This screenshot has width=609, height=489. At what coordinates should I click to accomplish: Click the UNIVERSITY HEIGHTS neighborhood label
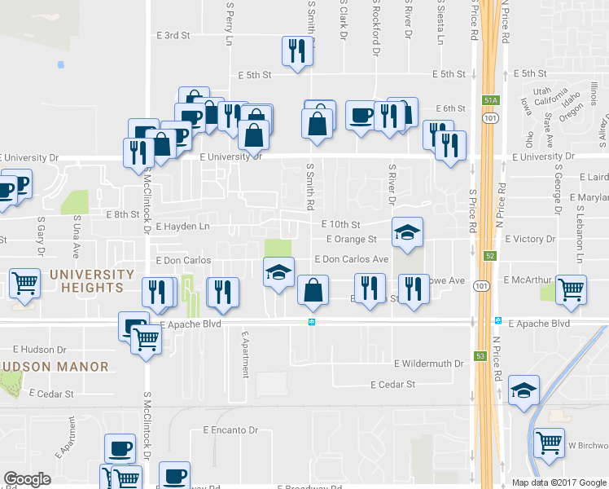click(91, 280)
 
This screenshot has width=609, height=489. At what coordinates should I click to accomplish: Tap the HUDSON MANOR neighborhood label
click(54, 367)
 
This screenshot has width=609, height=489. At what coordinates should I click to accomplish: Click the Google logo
click(28, 479)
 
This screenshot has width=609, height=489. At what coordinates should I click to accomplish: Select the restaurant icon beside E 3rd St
click(296, 51)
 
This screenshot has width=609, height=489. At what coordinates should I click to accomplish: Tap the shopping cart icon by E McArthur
click(572, 289)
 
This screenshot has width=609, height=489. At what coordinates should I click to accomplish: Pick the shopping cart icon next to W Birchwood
click(550, 443)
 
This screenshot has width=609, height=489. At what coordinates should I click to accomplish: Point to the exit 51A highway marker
click(489, 99)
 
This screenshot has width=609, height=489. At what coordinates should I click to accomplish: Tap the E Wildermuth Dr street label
click(428, 363)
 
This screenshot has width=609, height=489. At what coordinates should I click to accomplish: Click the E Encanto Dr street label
click(230, 430)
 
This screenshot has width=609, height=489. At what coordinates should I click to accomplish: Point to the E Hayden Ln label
click(182, 227)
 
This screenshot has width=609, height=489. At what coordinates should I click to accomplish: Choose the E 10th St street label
click(340, 224)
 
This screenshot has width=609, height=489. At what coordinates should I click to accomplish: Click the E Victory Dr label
click(530, 240)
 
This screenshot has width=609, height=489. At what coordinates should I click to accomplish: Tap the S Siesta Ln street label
click(440, 22)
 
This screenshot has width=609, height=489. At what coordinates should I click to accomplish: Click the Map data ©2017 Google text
click(558, 482)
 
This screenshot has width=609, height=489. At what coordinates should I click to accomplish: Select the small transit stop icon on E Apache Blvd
click(312, 323)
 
